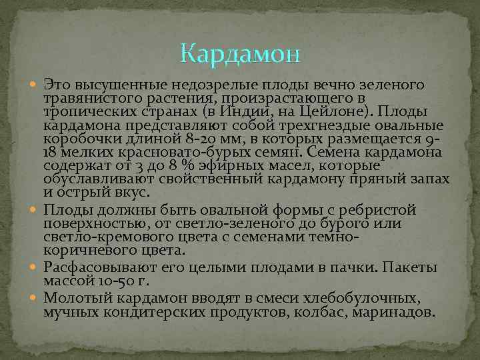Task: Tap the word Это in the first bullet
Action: click(57, 86)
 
